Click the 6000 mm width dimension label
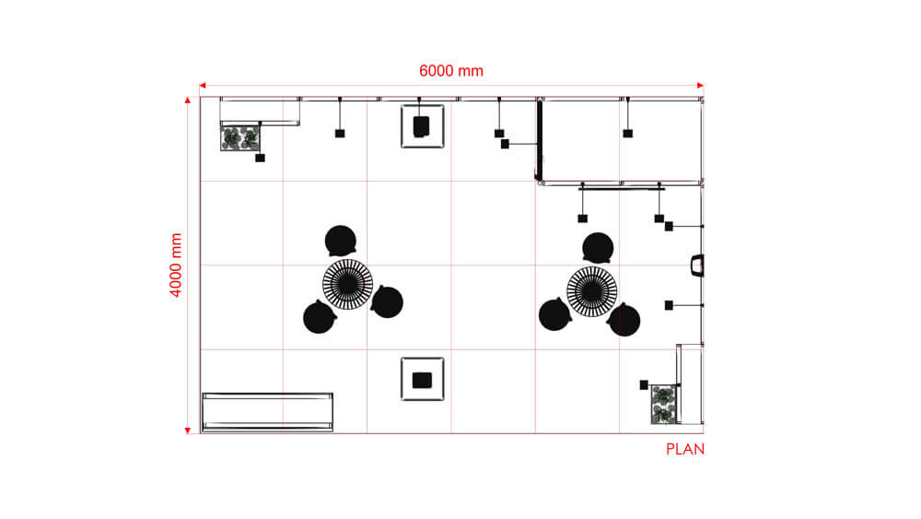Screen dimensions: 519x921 [451, 71]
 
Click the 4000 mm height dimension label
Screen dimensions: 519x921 [176, 265]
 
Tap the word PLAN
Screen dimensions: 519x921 [684, 450]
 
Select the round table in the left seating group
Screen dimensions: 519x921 [348, 285]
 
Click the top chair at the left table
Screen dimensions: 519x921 [341, 241]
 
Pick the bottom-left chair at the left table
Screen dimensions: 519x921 [320, 317]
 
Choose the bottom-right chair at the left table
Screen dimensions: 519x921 [388, 301]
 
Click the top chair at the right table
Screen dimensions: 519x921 [598, 247]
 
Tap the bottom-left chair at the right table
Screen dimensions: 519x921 [554, 315]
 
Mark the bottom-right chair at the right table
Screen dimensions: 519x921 [624, 320]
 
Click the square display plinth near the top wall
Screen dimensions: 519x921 [424, 125]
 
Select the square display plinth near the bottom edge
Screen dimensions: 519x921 [423, 379]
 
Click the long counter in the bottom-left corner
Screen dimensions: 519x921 [267, 411]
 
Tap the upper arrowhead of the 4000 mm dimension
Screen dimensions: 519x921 [188, 100]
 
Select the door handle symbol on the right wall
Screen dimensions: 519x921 [697, 265]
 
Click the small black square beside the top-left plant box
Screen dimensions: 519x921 [261, 158]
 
